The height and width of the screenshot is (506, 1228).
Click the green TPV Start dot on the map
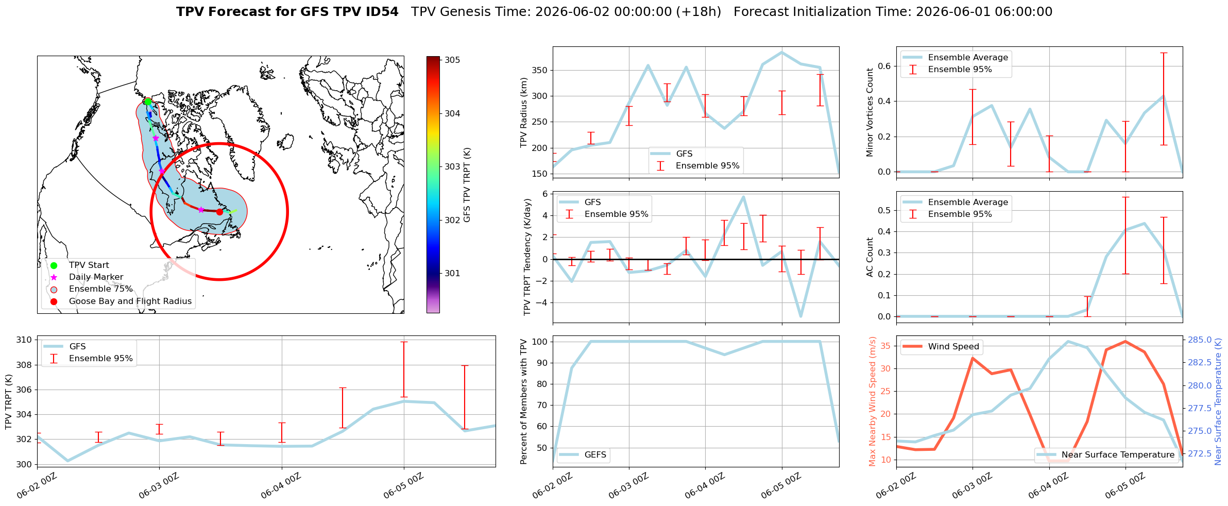[x=148, y=102]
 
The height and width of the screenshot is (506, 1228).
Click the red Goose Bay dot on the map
[x=219, y=212]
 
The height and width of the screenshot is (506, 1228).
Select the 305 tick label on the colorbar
[x=452, y=60]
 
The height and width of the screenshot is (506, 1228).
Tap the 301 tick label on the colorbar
[x=452, y=274]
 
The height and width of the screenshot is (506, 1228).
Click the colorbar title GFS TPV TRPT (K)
[x=467, y=185]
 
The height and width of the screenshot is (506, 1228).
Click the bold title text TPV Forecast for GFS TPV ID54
[x=287, y=12]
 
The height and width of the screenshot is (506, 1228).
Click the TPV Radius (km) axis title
[x=524, y=112]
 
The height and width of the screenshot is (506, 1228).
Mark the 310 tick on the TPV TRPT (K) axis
[x=24, y=340]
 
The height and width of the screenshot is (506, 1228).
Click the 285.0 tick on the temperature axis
[x=1199, y=340]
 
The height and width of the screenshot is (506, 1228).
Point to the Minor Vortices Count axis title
[x=870, y=112]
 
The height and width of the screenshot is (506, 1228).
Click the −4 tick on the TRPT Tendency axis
[x=542, y=303]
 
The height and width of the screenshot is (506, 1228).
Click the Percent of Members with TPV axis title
[x=524, y=401]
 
